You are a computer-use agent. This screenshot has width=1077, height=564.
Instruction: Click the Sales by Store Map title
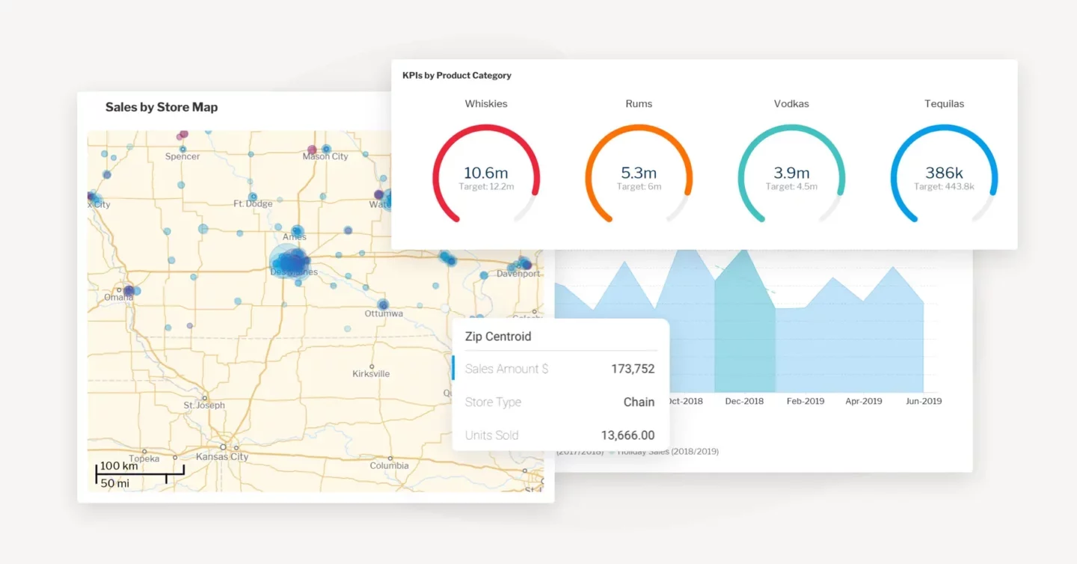pos(162,107)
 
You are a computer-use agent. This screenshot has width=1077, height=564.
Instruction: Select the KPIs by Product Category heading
pos(456,76)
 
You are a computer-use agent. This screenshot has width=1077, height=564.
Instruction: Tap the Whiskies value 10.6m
pos(486,173)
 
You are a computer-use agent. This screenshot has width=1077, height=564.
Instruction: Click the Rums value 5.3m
pos(639,173)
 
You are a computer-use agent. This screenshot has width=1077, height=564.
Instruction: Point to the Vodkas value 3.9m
pos(791,173)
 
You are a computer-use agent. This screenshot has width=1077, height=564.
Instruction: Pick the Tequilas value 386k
pos(944,173)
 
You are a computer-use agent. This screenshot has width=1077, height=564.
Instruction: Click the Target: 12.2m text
pos(486,187)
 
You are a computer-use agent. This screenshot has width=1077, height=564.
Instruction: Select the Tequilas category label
pos(944,104)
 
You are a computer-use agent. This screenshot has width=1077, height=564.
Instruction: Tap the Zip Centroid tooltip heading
pos(498,337)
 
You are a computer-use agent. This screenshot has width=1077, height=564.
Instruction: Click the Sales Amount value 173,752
pos(633,369)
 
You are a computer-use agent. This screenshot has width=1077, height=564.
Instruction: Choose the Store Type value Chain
pos(639,402)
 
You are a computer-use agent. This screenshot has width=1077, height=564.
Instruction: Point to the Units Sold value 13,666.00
pos(628,435)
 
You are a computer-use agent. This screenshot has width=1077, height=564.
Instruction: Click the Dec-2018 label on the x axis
pos(744,401)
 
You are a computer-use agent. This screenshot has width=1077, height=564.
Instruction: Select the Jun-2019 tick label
pos(924,401)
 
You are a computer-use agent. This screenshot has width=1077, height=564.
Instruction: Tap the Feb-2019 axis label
pos(805,401)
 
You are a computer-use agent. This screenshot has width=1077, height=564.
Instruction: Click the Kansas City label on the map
pos(222,456)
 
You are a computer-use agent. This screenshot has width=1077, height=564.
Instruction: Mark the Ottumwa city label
pos(384,313)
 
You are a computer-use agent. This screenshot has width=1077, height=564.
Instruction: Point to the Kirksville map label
pos(371,373)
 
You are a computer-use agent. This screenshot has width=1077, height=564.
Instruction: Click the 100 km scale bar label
pos(119,466)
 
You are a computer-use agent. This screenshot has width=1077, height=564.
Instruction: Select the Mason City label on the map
pos(325,156)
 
